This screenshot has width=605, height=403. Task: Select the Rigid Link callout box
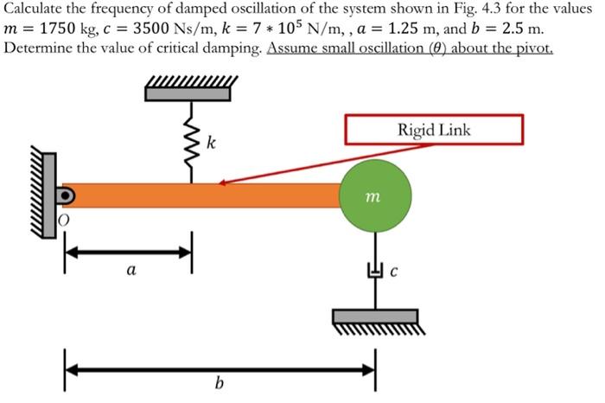point(434,130)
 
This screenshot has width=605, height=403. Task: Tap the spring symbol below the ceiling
point(191,143)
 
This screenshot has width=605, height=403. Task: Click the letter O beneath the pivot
point(63,222)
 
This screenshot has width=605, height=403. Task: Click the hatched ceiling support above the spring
point(191,89)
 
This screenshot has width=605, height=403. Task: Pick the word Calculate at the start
point(34,10)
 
